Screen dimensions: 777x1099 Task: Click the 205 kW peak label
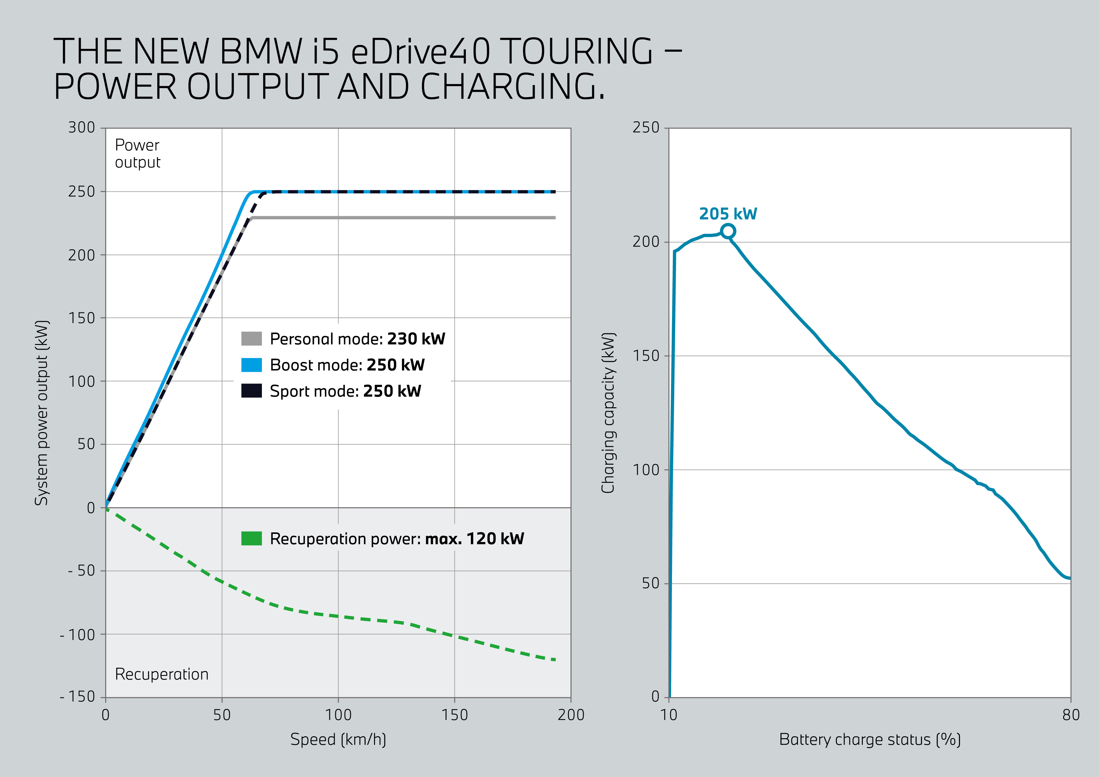[727, 214]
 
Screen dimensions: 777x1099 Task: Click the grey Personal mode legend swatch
[251, 338]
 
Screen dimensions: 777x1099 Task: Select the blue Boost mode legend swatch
[251, 365]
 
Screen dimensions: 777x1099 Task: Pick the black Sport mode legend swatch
[251, 391]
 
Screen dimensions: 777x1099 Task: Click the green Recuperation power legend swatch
[251, 539]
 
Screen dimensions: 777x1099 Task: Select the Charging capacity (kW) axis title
[608, 413]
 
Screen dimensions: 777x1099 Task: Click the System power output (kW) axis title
[42, 413]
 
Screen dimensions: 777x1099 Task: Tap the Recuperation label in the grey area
[162, 674]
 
